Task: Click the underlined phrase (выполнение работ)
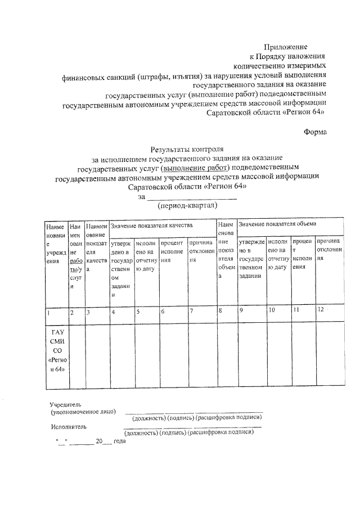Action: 194,168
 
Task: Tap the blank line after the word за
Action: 192,197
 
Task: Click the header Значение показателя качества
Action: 152,225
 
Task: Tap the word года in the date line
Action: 120,442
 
